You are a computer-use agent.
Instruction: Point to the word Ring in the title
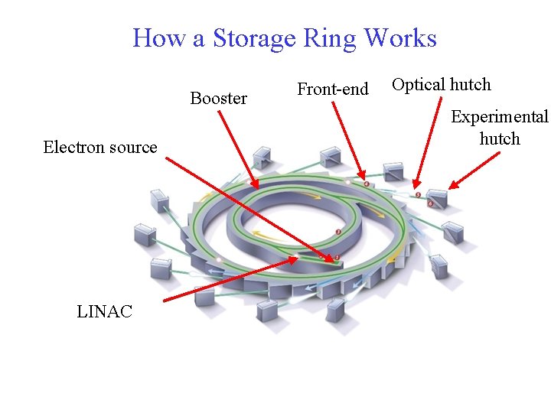335,38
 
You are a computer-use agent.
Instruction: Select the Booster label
218,98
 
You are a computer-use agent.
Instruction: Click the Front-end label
333,89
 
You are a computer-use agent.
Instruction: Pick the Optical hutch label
442,84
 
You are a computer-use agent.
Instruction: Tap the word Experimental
499,117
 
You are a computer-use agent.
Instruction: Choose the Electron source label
100,147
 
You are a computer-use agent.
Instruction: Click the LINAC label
105,311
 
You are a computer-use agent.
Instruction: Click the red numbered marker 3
339,232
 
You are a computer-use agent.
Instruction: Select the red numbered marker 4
367,184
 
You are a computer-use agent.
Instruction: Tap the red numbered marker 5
418,195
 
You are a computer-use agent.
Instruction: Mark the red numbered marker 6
430,203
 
